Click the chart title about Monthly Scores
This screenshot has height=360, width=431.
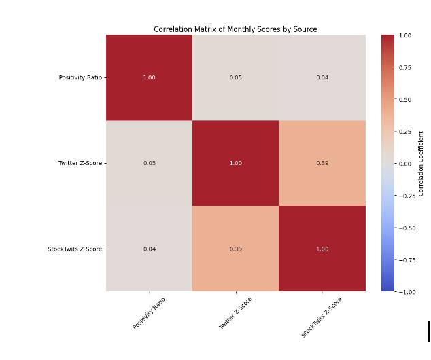(235, 29)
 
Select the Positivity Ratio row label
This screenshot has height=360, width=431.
(80, 77)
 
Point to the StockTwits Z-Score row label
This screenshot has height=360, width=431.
(75, 249)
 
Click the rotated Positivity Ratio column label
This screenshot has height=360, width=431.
(149, 313)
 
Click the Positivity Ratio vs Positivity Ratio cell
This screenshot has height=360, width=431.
(150, 77)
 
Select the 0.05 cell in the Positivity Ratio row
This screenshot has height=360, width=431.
(235, 77)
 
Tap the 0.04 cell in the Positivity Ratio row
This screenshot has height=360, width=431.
(322, 77)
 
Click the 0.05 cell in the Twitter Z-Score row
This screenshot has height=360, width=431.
(150, 163)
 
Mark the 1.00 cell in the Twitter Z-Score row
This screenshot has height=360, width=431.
(235, 163)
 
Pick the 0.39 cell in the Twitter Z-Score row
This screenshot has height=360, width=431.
(322, 163)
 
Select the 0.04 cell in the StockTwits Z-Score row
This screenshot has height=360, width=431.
(150, 249)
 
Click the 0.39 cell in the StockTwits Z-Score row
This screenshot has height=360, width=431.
(235, 249)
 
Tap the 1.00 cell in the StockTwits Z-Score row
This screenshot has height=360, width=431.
(322, 249)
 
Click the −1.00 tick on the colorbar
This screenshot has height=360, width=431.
(406, 291)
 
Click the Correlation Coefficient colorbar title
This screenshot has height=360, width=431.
(421, 163)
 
